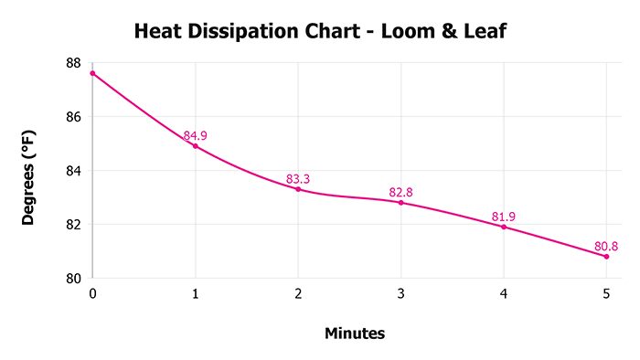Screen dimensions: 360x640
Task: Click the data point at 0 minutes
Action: click(92, 73)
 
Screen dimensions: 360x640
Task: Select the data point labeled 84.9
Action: click(195, 146)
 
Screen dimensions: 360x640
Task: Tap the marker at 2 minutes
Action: click(298, 189)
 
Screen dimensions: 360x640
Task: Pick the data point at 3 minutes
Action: click(400, 202)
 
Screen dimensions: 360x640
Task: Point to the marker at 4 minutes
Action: click(504, 227)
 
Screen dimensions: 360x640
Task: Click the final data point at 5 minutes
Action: click(606, 257)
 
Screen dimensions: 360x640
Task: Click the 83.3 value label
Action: click(298, 179)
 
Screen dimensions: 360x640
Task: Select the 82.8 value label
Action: click(400, 192)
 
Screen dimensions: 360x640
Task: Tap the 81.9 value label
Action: click(504, 217)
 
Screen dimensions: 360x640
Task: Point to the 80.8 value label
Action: click(606, 246)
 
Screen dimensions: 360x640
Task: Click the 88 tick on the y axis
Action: click(73, 63)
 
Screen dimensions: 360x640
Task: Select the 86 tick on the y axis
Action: click(73, 117)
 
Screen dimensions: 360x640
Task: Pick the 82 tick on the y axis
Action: click(73, 225)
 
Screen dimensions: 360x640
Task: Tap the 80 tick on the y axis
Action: click(73, 279)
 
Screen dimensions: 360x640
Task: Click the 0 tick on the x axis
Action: click(92, 293)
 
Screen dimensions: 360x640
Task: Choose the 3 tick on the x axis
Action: click(400, 293)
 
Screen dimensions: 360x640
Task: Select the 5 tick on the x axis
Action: click(606, 293)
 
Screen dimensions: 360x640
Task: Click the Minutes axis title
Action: click(355, 334)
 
